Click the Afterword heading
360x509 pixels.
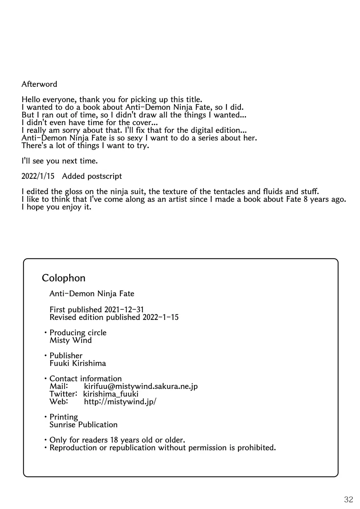point(39,84)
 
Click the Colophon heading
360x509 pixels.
point(64,278)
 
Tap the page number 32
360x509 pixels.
point(348,499)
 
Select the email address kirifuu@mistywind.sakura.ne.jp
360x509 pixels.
point(141,386)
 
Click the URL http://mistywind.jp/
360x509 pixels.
point(120,402)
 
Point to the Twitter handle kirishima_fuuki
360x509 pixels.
point(111,394)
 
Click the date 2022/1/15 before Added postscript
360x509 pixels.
point(38,176)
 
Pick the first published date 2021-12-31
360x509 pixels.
point(124,310)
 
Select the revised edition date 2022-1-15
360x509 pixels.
point(161,318)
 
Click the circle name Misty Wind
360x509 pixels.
point(71,340)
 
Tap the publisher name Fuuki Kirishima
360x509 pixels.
point(78,364)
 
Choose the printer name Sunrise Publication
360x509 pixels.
point(83,425)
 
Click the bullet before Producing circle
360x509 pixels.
point(45,333)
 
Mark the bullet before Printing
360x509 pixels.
point(45,417)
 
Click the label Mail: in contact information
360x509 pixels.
point(58,386)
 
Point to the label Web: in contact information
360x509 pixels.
point(58,402)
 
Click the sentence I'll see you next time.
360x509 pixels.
point(59,161)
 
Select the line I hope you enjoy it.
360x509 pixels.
point(56,207)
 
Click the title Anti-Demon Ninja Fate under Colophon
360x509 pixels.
point(92,294)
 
